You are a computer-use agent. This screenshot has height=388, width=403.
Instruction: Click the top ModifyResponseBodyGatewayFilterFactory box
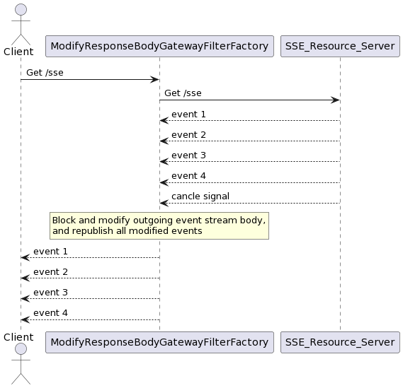(159, 46)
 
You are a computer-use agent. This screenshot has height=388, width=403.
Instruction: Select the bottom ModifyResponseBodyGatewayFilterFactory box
(159, 342)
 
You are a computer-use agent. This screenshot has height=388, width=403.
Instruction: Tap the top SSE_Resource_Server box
(340, 46)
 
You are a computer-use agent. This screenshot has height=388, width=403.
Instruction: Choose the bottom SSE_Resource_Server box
(340, 342)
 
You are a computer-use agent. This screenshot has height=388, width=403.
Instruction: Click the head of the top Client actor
(21, 10)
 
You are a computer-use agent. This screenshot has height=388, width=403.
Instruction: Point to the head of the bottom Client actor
(21, 349)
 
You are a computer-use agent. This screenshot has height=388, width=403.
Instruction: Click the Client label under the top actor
(18, 52)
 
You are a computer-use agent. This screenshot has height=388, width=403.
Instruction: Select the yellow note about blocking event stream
(159, 225)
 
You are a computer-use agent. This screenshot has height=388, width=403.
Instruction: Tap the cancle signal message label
(200, 196)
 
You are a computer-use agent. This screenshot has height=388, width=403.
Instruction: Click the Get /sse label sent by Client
(45, 73)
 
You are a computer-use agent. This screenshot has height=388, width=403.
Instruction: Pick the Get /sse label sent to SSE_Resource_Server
(183, 93)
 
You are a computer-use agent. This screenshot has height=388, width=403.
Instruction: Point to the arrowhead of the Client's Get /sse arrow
(154, 79)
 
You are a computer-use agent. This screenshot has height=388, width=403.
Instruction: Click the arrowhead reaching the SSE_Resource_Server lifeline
(336, 100)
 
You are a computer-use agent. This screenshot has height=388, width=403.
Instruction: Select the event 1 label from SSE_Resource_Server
(188, 114)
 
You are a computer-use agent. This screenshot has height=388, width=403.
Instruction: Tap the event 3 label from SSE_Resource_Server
(188, 155)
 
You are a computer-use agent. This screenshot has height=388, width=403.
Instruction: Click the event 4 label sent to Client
(50, 313)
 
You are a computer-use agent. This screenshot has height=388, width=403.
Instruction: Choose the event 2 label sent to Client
(50, 272)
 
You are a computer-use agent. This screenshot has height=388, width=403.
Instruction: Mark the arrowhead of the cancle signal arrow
(164, 203)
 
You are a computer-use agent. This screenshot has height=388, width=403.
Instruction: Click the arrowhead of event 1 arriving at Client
(25, 257)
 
